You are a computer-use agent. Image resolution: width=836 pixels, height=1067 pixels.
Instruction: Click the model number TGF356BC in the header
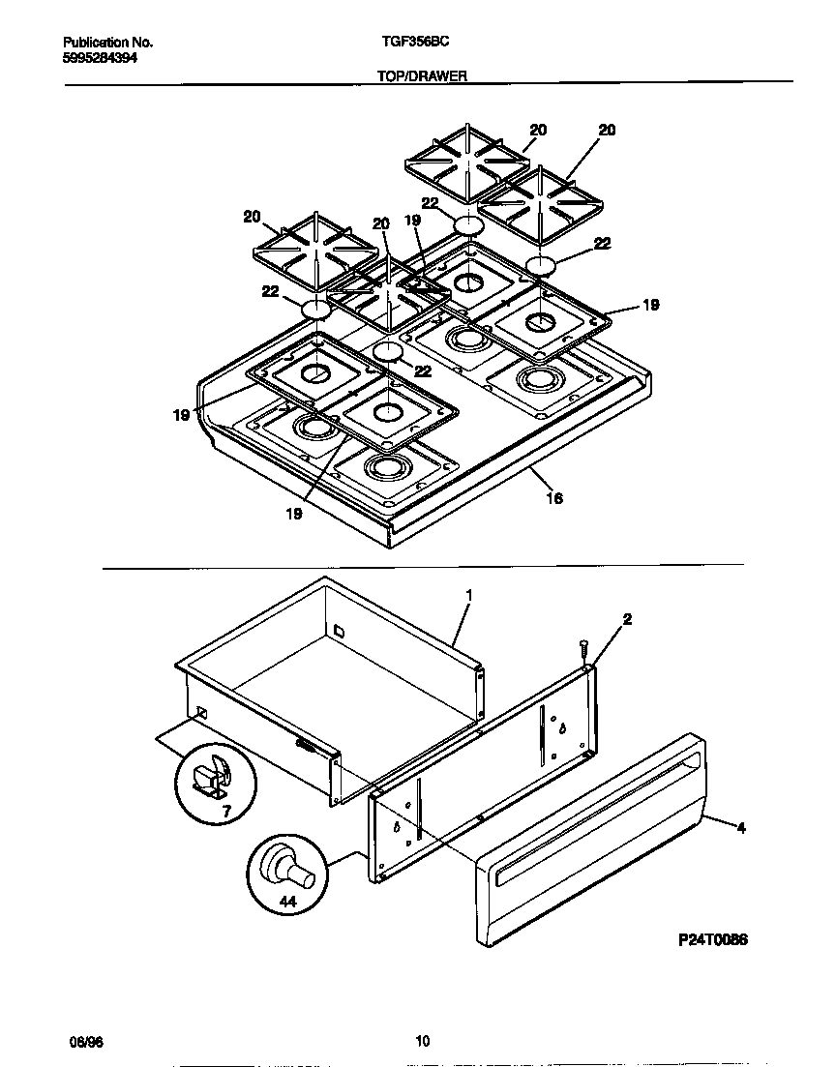(410, 43)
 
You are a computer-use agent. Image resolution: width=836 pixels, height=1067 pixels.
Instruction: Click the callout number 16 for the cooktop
(554, 499)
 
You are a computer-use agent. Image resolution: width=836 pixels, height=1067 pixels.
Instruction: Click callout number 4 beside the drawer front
(741, 827)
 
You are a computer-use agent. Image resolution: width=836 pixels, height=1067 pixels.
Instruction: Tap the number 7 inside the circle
(226, 812)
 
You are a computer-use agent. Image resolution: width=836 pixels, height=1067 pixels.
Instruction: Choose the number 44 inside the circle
(287, 901)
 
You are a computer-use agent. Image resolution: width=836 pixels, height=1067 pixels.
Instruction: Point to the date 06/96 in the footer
(86, 1041)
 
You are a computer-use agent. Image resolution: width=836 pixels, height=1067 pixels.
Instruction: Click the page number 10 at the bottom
(422, 1041)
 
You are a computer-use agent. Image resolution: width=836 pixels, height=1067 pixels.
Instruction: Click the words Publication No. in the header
(107, 43)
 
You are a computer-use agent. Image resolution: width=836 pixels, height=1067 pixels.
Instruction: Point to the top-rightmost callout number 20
(607, 130)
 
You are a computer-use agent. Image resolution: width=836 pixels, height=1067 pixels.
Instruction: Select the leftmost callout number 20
(251, 217)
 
